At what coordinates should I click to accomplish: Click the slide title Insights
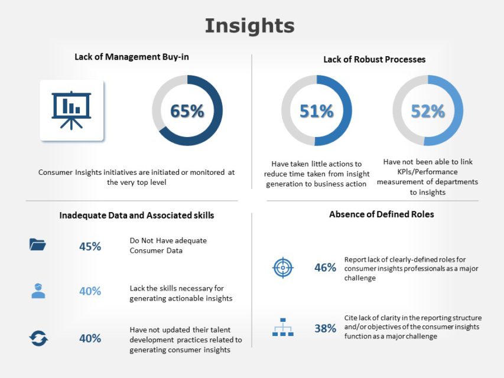click(249, 26)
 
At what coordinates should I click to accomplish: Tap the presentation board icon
click(71, 110)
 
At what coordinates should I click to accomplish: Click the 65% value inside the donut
click(187, 111)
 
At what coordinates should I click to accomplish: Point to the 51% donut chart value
click(316, 111)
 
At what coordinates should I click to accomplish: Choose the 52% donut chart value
click(428, 111)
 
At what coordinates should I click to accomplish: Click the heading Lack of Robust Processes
click(374, 59)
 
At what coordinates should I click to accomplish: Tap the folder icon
click(38, 245)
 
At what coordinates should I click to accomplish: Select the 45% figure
click(90, 246)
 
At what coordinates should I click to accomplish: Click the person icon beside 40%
click(38, 291)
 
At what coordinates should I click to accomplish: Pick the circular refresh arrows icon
click(38, 338)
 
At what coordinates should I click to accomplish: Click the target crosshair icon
click(282, 268)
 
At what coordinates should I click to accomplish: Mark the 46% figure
click(325, 268)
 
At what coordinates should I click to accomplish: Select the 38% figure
click(325, 328)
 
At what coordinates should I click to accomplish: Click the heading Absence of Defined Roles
click(381, 214)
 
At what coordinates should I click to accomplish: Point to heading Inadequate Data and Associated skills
click(136, 216)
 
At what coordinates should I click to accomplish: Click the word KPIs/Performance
click(428, 171)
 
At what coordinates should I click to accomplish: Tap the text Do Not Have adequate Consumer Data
click(168, 245)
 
